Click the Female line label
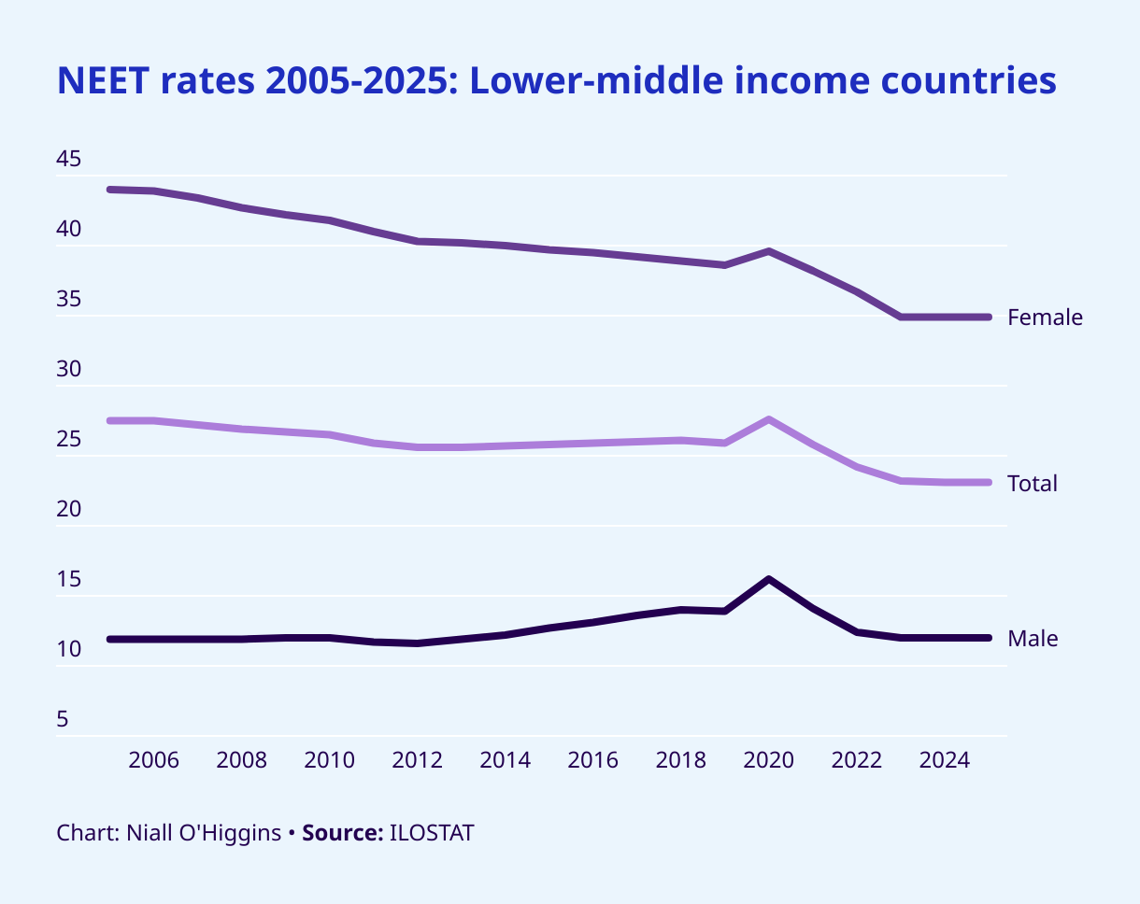1045,318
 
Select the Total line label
1032,484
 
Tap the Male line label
1033,639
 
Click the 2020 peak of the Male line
768,580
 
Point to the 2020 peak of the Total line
768,419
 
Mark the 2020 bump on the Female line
768,251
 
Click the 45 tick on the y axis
69,160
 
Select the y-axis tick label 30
69,371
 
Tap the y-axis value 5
63,720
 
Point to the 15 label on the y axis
69,580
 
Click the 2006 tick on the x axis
153,760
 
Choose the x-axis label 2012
417,760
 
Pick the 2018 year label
680,760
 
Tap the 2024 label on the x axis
944,760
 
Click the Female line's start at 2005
110,190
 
